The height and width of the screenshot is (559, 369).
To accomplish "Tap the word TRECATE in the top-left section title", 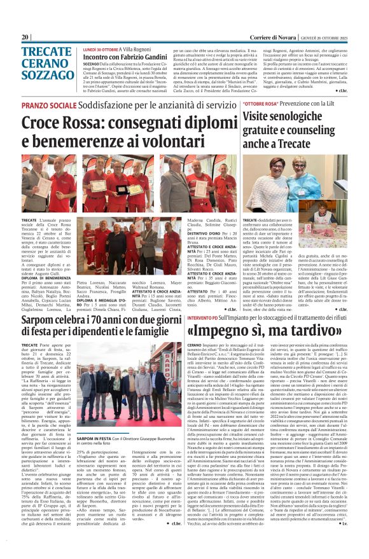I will click(x=46, y=53).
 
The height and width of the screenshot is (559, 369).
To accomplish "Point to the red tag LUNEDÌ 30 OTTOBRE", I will click(x=100, y=48).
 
